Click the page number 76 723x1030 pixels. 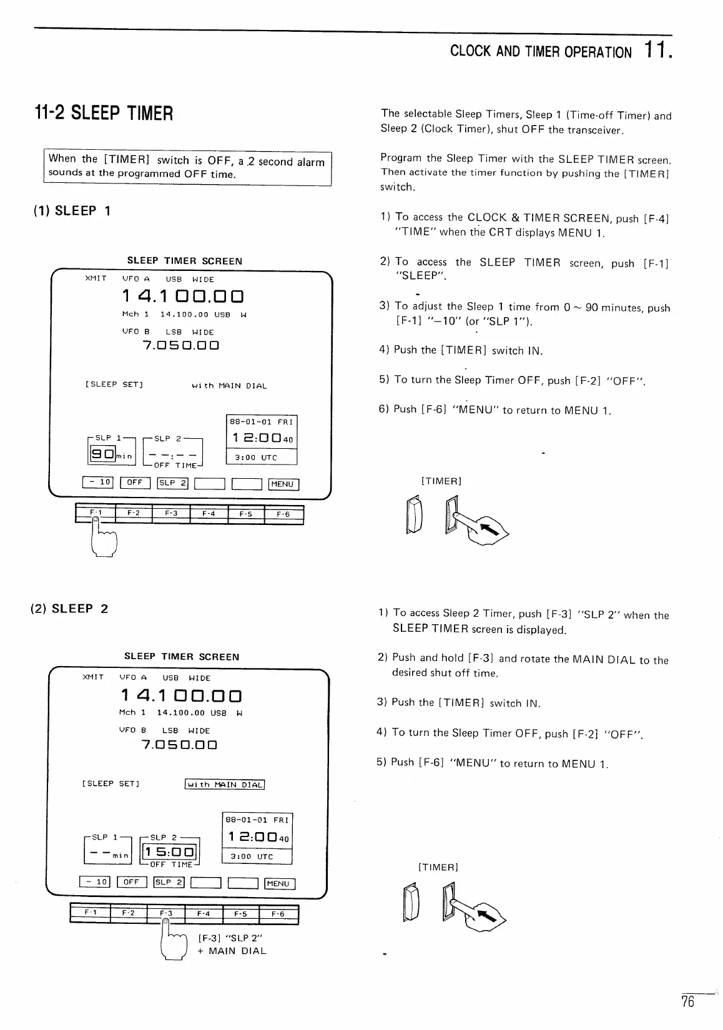(x=687, y=1002)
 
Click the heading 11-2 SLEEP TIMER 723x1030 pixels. (x=103, y=114)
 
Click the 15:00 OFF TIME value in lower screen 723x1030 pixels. (x=170, y=852)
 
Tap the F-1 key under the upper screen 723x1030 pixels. (x=95, y=514)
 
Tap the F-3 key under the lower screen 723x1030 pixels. (x=166, y=913)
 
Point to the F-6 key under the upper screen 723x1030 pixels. (x=283, y=514)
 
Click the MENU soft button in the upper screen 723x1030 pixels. (x=283, y=484)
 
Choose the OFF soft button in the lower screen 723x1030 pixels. (x=131, y=882)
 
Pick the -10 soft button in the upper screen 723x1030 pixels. (x=97, y=482)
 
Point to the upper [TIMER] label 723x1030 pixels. (x=441, y=481)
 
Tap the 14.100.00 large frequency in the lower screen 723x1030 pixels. (x=180, y=695)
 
